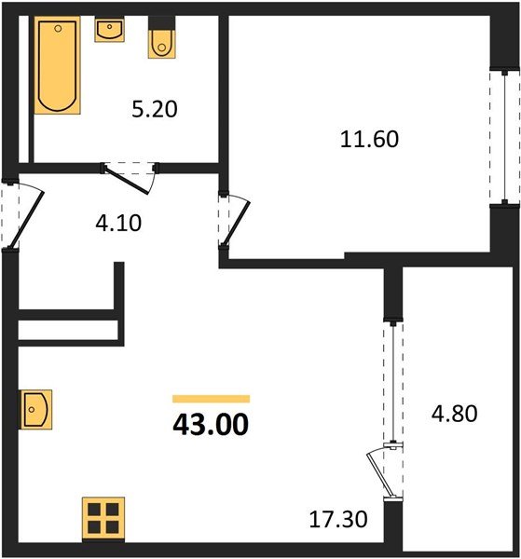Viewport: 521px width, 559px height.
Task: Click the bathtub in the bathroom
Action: (x=57, y=65)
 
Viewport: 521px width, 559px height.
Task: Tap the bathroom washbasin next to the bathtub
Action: (x=109, y=29)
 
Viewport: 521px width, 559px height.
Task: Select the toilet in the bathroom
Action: (x=162, y=38)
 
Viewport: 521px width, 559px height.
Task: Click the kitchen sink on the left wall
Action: (x=35, y=409)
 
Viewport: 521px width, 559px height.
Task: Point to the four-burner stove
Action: (x=103, y=518)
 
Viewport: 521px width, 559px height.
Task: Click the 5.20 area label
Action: (x=155, y=109)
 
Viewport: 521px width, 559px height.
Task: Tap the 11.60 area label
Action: (x=369, y=139)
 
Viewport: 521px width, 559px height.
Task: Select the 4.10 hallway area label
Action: (x=118, y=224)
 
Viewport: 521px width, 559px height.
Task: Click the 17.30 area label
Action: (x=338, y=519)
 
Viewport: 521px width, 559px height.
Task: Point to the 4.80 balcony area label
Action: (x=454, y=414)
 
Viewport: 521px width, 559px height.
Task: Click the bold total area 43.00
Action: (x=211, y=425)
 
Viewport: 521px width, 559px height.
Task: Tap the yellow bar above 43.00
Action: (x=212, y=399)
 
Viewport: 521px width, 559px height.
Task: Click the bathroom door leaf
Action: (x=126, y=180)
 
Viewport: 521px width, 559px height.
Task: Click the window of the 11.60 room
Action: (x=504, y=137)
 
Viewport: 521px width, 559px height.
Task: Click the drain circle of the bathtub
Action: (x=58, y=29)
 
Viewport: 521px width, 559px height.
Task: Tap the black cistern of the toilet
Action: (x=162, y=23)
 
